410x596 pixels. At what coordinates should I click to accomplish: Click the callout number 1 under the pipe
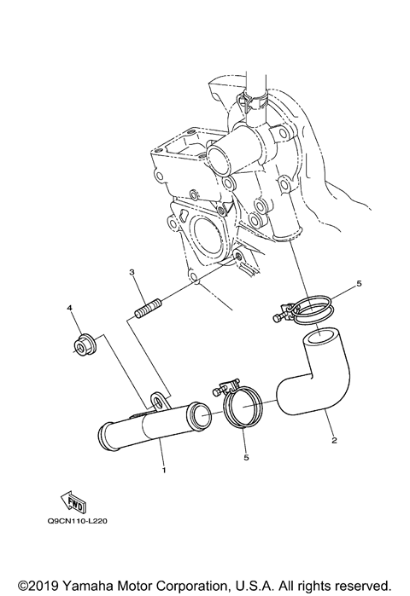[162, 468]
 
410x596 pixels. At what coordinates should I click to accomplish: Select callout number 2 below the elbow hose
[333, 441]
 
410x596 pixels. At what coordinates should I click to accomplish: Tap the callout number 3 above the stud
[132, 273]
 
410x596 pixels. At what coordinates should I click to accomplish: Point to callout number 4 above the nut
[70, 307]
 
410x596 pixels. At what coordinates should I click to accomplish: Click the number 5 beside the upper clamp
[336, 304]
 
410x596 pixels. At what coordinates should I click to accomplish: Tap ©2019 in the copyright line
[40, 582]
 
